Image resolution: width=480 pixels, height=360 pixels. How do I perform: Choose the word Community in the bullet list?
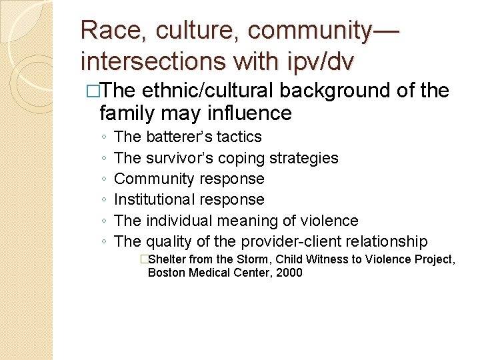point(152,179)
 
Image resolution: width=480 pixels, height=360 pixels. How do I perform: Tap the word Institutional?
point(153,199)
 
